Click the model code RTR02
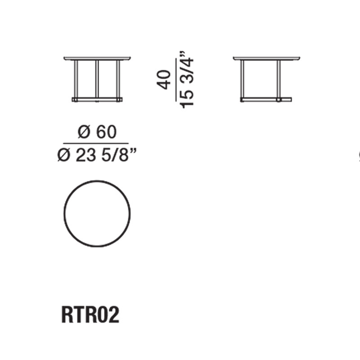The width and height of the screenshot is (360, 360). (90, 315)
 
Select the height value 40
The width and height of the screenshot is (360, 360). (164, 80)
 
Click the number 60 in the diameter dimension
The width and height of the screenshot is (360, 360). (107, 132)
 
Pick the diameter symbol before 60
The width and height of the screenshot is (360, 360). (84, 132)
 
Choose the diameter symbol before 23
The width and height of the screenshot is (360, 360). (63, 155)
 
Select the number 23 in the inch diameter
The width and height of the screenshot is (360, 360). (85, 155)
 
